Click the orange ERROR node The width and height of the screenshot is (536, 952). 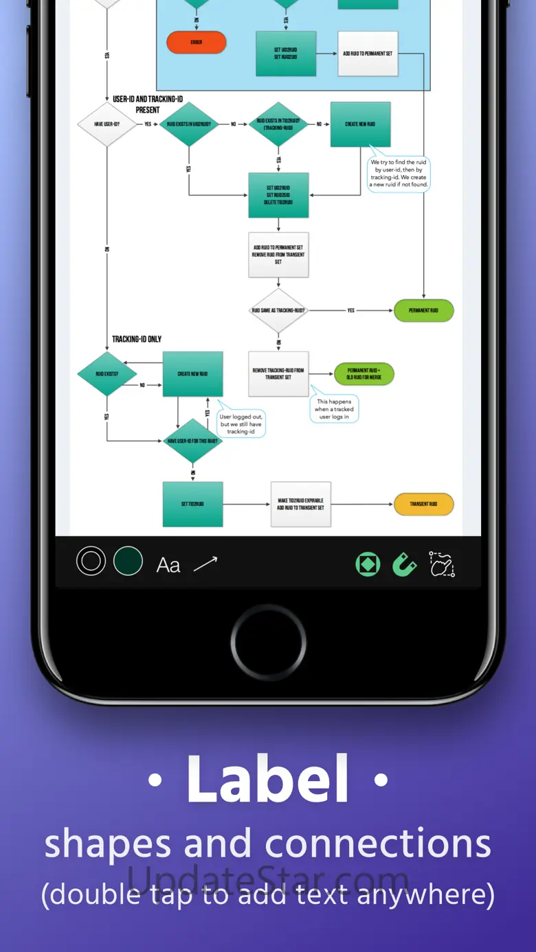coord(197,43)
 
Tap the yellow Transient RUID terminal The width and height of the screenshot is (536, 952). coord(423,504)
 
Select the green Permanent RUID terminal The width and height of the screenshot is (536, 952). coord(423,310)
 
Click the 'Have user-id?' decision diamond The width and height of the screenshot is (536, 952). coord(107,124)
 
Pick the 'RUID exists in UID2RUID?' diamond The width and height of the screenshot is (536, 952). coord(188,124)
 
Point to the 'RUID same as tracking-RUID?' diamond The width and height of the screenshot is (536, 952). coord(278,310)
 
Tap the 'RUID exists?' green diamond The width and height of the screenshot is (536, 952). coord(107,374)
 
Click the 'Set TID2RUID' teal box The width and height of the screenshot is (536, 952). coord(192,504)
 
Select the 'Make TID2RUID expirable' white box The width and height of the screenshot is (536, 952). coord(300,504)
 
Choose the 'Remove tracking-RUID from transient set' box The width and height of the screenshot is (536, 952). coord(278,374)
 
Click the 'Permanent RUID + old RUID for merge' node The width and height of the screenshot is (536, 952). coord(364,374)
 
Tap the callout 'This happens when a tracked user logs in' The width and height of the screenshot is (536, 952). coord(334,409)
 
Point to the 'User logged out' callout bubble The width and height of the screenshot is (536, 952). coord(241,423)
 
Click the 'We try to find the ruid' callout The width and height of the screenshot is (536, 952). coord(399,173)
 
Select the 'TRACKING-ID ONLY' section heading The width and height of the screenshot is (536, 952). coord(137,339)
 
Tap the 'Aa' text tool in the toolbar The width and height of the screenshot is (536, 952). coord(168,565)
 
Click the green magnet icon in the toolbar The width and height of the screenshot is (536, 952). coord(404,564)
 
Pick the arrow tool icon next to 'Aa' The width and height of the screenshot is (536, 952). coord(205,564)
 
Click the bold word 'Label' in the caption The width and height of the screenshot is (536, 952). coord(267,780)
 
